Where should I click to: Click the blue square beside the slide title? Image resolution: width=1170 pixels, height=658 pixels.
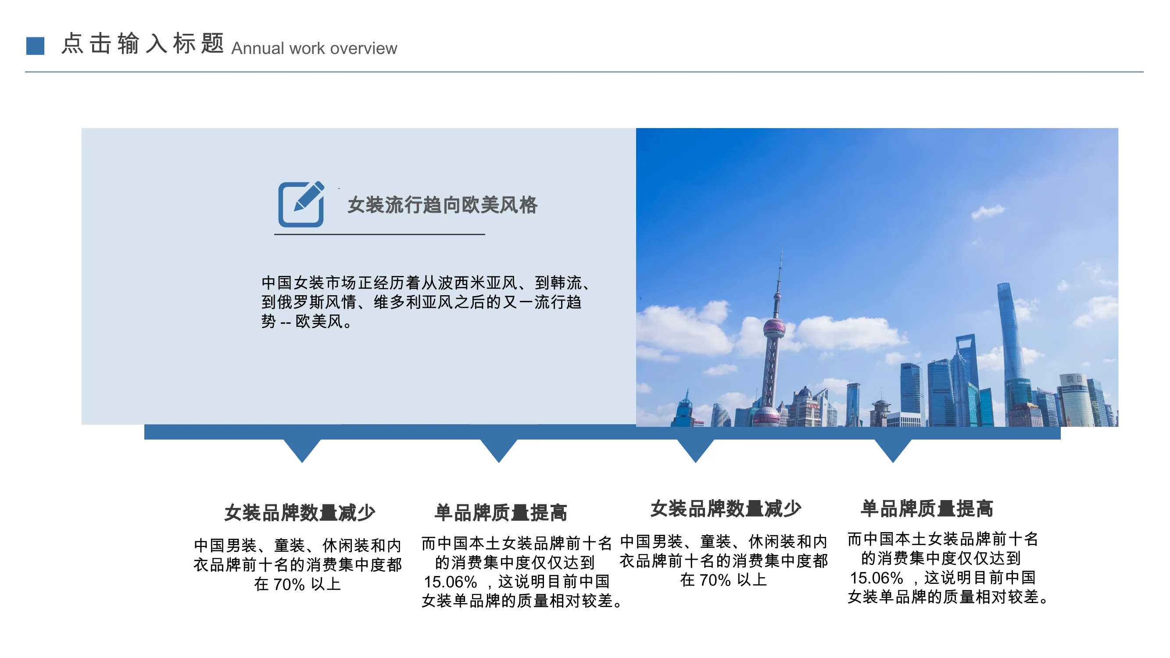click(x=35, y=46)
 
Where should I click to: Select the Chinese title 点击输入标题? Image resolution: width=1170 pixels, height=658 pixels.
click(x=143, y=43)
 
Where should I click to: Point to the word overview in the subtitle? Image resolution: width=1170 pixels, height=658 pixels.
click(x=363, y=48)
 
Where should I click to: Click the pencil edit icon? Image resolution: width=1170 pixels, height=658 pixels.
click(x=301, y=204)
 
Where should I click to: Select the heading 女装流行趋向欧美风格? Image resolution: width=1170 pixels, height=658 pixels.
click(x=442, y=205)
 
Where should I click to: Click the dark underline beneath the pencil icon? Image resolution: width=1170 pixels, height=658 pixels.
click(x=379, y=234)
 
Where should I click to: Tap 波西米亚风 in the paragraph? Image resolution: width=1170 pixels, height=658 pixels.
click(x=478, y=283)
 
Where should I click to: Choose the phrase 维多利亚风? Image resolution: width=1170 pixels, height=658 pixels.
click(x=413, y=302)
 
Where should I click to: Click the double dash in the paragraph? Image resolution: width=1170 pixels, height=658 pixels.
click(x=286, y=323)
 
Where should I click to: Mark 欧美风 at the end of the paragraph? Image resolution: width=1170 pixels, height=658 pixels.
click(x=319, y=322)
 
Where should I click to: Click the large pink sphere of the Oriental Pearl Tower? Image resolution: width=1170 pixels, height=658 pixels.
click(x=774, y=327)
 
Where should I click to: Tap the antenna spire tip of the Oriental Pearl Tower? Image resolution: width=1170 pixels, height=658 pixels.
click(x=782, y=248)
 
